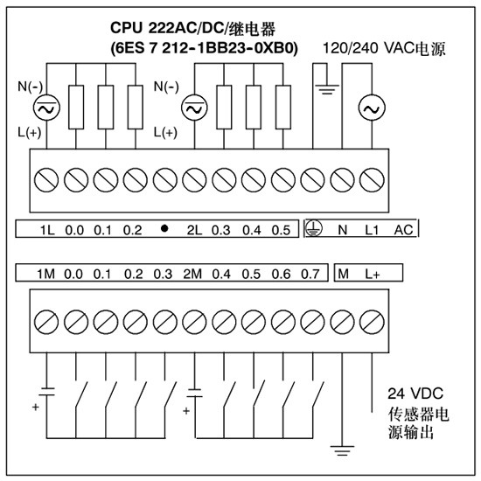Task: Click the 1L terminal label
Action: point(47,230)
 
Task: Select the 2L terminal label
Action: point(194,230)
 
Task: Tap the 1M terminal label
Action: point(46,274)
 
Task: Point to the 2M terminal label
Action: point(192,274)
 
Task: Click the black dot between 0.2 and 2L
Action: point(164,228)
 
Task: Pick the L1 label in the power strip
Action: point(372,230)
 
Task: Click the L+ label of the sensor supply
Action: point(373,274)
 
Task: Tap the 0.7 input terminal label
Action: point(310,274)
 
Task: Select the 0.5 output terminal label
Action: point(281,230)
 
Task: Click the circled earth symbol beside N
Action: point(314,228)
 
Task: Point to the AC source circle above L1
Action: point(372,108)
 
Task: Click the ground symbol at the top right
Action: point(327,89)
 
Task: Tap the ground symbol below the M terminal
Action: point(342,450)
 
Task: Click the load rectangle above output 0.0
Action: point(76,107)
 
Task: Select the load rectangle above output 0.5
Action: point(283,107)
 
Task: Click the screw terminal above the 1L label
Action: point(46,180)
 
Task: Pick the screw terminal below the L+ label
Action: point(372,322)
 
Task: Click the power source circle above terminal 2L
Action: point(194,108)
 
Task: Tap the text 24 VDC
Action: point(415,394)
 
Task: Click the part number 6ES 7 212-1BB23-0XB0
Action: point(205,48)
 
